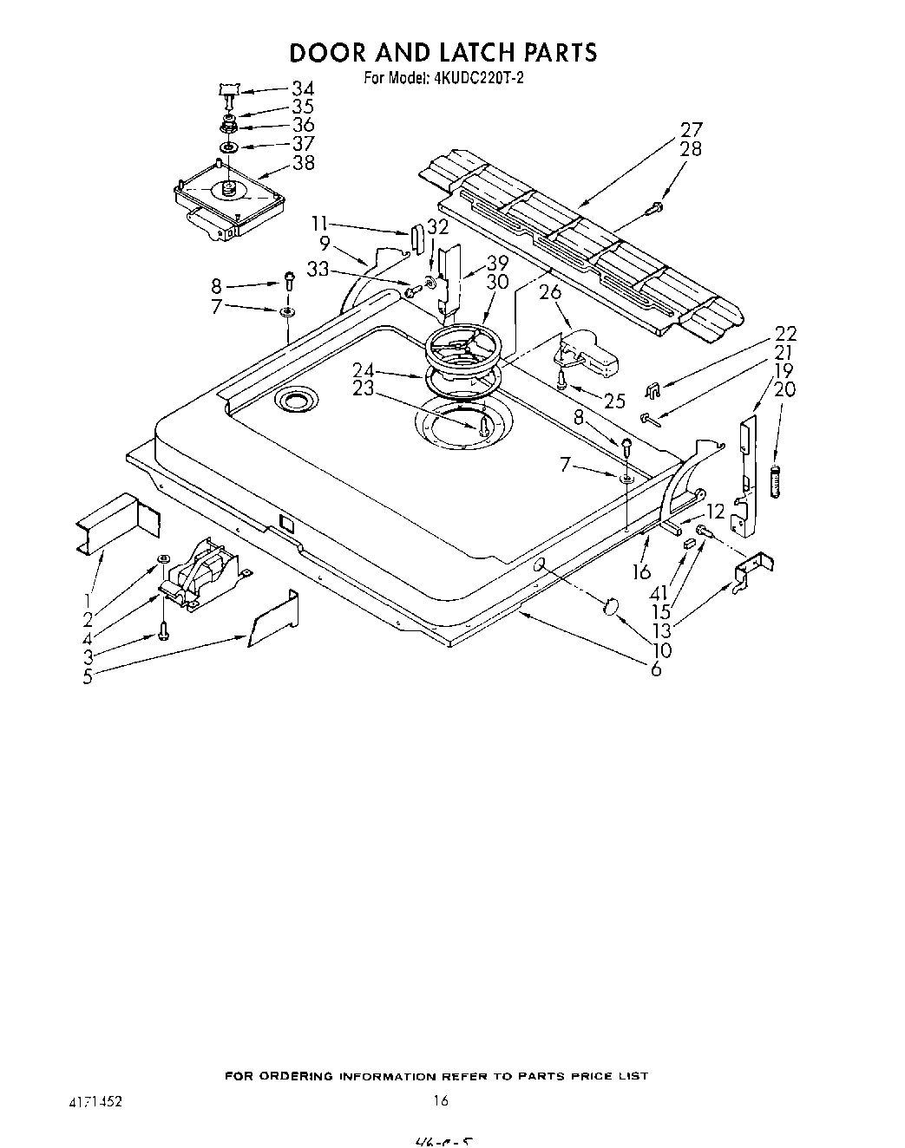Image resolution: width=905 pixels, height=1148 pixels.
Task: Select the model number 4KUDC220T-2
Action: point(481,78)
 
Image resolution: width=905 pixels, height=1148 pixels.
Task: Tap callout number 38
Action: point(303,163)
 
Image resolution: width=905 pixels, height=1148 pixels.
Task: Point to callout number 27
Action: point(691,130)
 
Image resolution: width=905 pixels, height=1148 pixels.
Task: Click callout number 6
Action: point(656,669)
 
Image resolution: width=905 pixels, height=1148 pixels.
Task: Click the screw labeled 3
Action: point(162,630)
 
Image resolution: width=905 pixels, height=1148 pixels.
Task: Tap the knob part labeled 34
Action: point(228,88)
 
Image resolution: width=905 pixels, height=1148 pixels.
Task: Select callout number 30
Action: point(497,282)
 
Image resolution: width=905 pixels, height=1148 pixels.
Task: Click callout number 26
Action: point(550,292)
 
